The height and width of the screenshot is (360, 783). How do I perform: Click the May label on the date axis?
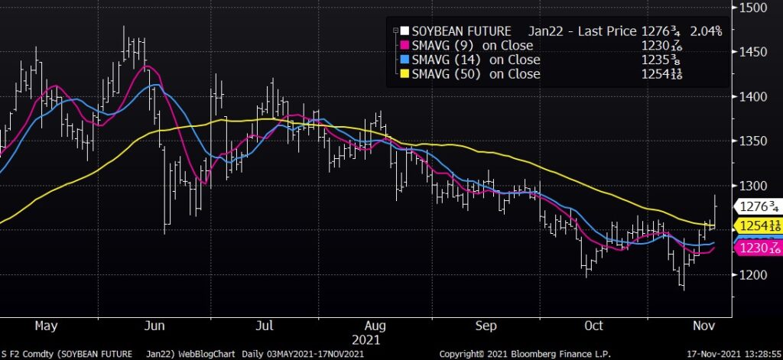(x=47, y=326)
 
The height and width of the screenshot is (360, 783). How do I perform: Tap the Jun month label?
(x=155, y=326)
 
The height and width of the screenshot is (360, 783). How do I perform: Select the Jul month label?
(x=265, y=326)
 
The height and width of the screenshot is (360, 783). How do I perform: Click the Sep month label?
(x=486, y=326)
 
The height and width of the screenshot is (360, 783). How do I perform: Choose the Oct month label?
(x=594, y=326)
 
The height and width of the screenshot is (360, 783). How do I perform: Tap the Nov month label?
(x=703, y=326)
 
